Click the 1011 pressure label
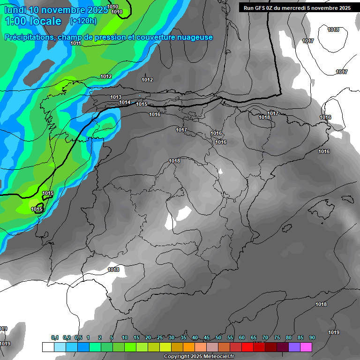(76, 43)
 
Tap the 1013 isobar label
(116, 97)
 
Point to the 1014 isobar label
(125, 102)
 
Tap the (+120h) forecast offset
(83, 21)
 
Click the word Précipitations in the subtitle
(29, 37)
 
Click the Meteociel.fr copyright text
(199, 357)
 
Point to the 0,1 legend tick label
(55, 337)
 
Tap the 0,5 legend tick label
(78, 337)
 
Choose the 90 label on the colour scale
(312, 337)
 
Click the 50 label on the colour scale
(218, 337)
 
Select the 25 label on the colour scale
(160, 337)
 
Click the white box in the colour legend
(48, 347)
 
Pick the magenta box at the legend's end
(306, 347)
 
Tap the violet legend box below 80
(294, 347)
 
